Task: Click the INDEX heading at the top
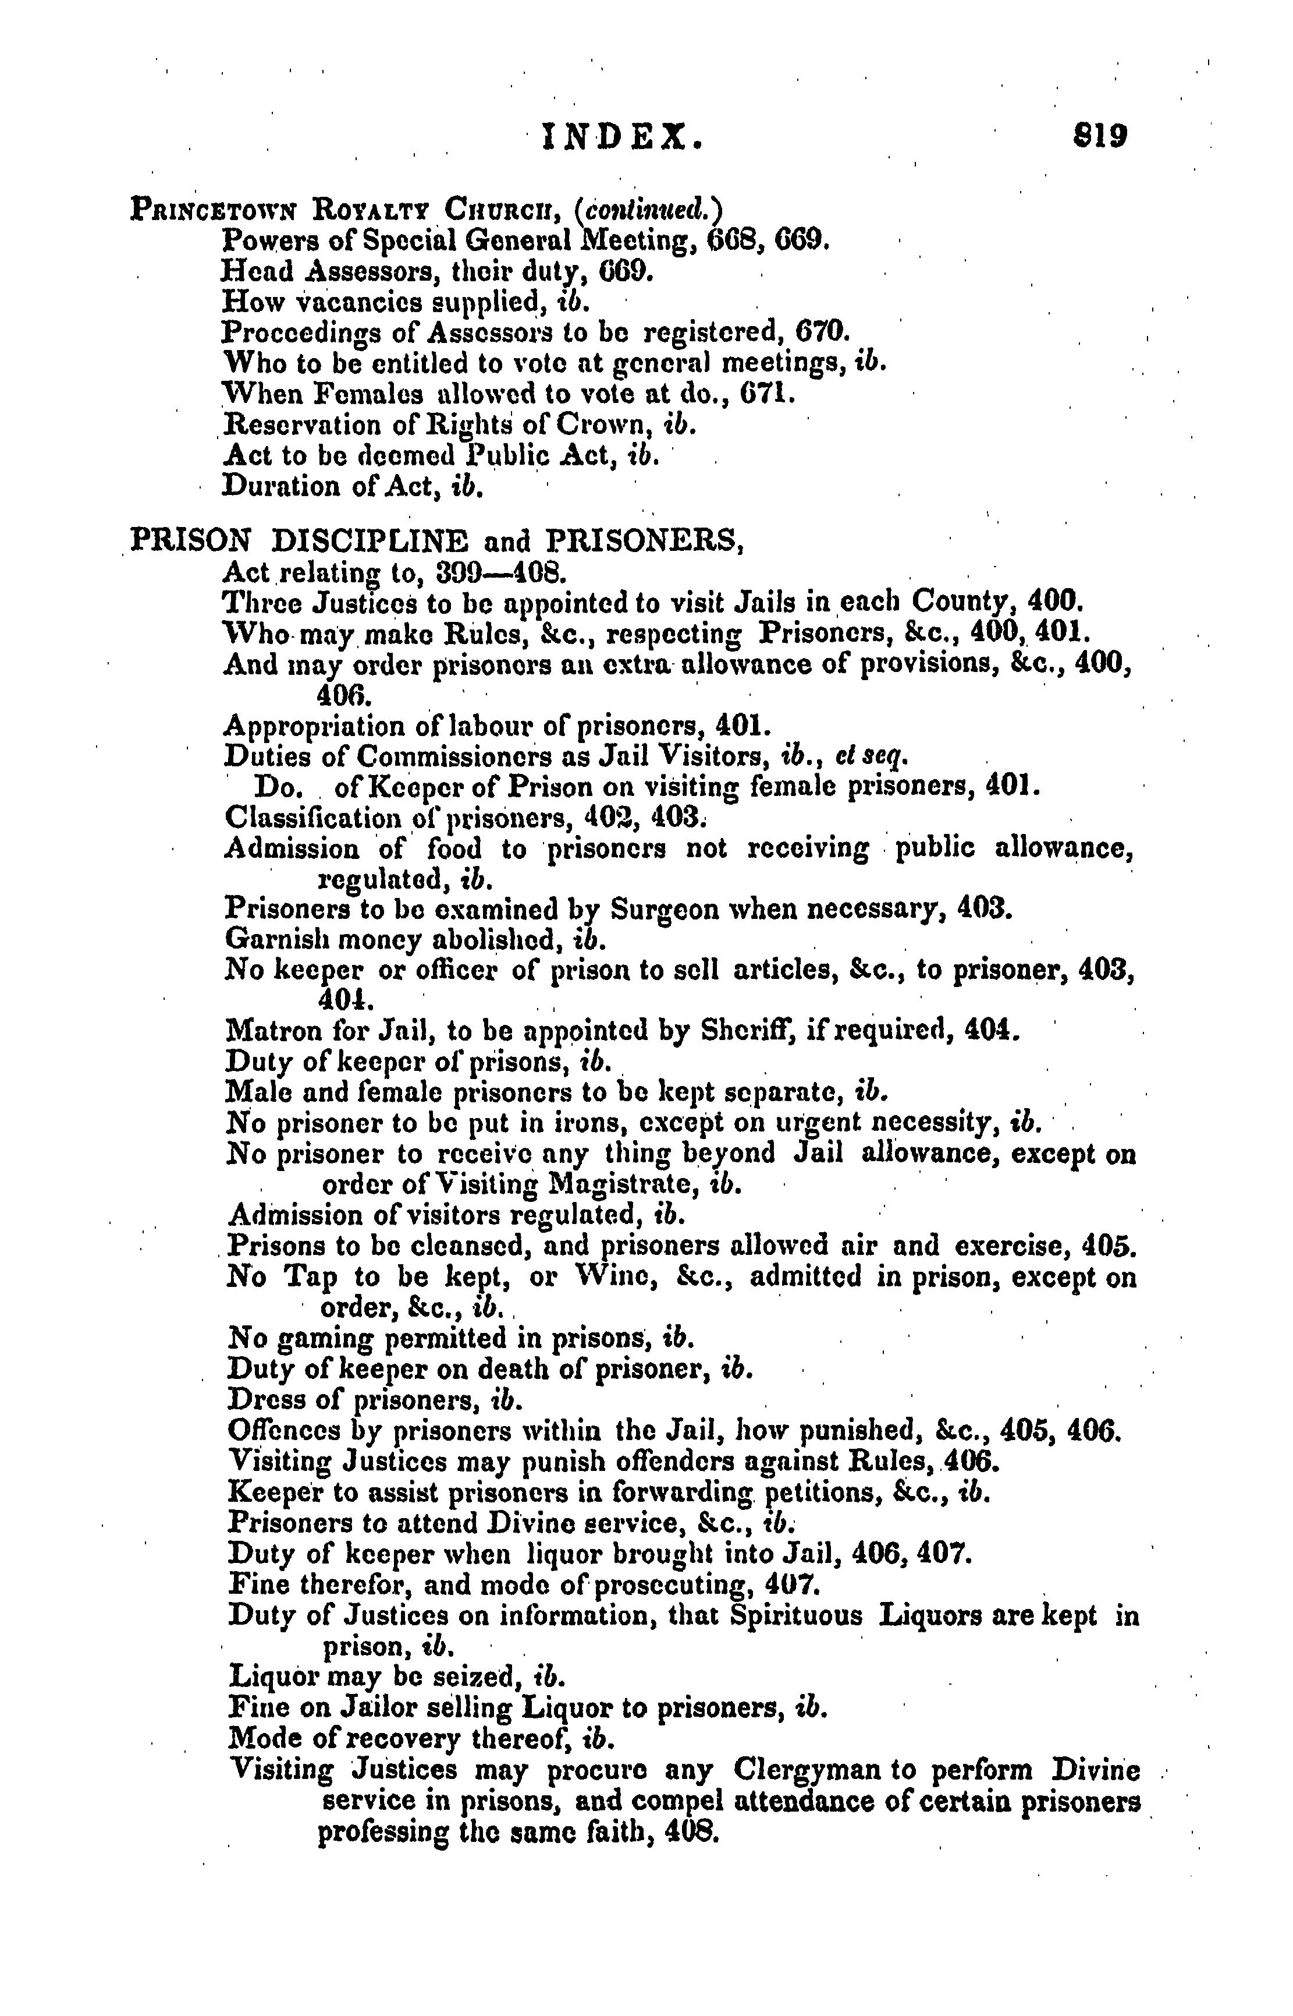point(621,136)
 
